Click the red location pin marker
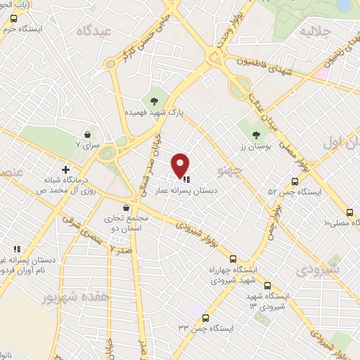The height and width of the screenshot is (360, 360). point(181,165)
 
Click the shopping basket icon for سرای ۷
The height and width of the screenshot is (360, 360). point(87,134)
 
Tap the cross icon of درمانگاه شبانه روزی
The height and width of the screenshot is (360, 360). point(65,169)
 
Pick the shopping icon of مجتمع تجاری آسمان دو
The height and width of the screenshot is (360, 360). point(126,208)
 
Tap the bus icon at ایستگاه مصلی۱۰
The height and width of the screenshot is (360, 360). point(350,212)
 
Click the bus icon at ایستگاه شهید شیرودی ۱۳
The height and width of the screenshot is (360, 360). point(267,285)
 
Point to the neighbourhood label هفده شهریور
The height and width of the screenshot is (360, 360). point(66,297)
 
